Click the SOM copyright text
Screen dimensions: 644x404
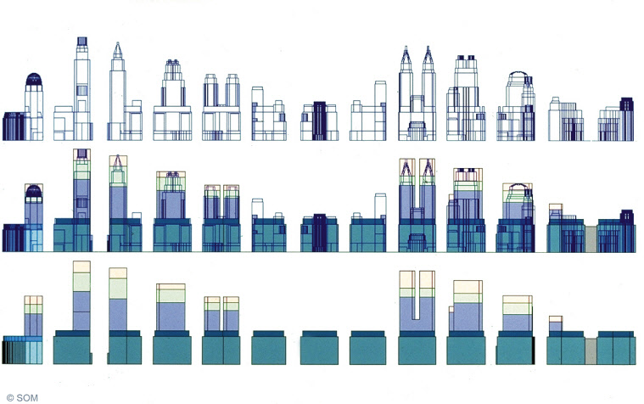[x=22, y=398]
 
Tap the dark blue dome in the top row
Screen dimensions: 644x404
[x=34, y=79]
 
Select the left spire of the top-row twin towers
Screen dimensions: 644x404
[x=406, y=57]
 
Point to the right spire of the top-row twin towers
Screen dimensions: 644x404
[x=428, y=57]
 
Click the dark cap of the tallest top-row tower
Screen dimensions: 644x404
[x=82, y=41]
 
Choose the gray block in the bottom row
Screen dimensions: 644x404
[x=591, y=351]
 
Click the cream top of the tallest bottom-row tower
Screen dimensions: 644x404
[x=81, y=267]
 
